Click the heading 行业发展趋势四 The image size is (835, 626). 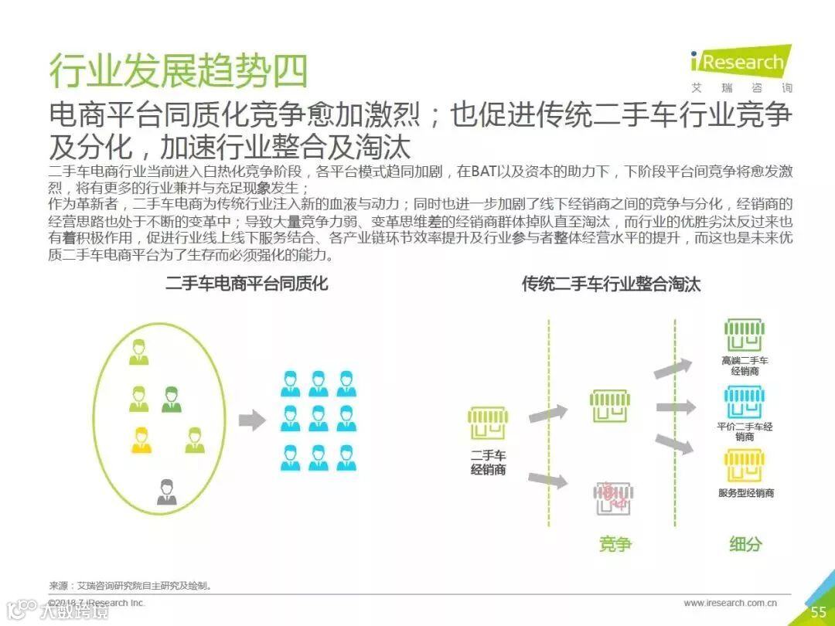(x=179, y=70)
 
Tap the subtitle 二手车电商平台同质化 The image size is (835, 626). (x=247, y=284)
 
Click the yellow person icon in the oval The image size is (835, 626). (x=141, y=440)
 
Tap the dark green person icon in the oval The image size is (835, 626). (x=171, y=399)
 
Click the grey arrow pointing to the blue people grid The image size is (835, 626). (x=251, y=420)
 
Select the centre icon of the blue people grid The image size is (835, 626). (x=318, y=418)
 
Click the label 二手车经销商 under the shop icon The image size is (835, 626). (x=488, y=462)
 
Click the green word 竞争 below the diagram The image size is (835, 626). (x=615, y=544)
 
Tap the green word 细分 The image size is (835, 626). (x=745, y=544)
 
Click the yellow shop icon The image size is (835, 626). (x=745, y=467)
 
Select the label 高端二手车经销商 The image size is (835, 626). (x=745, y=366)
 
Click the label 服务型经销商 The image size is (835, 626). (x=745, y=493)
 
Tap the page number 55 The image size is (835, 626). (x=818, y=612)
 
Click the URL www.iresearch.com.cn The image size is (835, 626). (x=730, y=603)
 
